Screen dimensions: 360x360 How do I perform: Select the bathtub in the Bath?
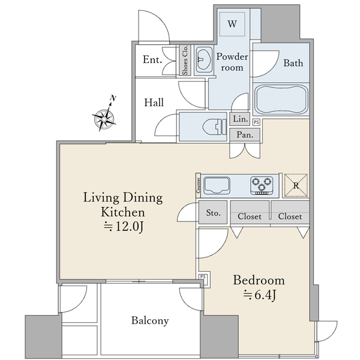281,100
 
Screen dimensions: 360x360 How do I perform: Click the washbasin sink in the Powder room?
203,59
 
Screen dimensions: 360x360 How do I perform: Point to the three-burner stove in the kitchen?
262,185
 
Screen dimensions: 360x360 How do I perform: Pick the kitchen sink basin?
217,185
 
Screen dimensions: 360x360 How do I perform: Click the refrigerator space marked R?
296,185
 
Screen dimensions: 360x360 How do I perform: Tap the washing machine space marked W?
232,24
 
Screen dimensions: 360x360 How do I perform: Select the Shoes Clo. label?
185,60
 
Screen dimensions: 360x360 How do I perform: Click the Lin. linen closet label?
241,119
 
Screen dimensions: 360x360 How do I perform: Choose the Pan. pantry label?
245,135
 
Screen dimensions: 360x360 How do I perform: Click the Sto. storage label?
213,213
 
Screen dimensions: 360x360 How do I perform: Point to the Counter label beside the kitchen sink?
198,185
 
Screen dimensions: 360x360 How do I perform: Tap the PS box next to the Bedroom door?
203,277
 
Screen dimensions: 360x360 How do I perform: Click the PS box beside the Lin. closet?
256,122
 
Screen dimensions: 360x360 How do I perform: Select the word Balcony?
150,320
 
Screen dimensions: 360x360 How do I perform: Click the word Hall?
154,103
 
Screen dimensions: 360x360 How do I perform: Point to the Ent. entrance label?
152,59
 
